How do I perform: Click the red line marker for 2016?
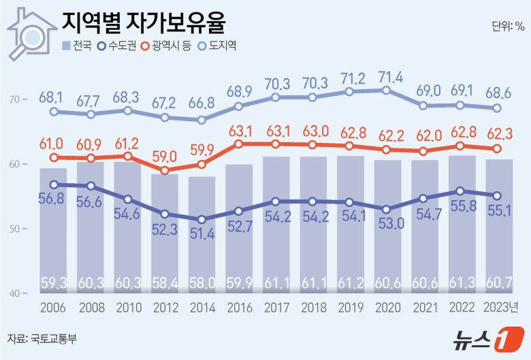(238, 144)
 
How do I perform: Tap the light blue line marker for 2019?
(349, 91)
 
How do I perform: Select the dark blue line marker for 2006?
(53, 184)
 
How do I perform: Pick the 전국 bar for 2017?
(275, 225)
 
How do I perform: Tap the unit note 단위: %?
(508, 27)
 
